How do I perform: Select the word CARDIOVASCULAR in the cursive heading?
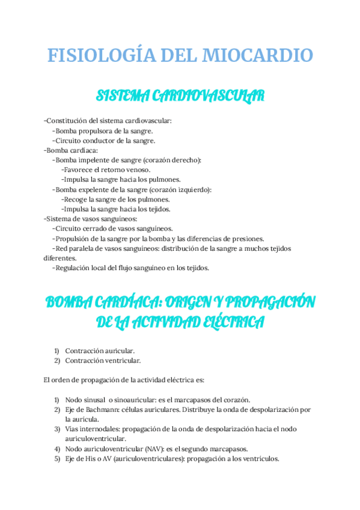click(x=207, y=96)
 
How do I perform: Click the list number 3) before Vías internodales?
click(x=57, y=429)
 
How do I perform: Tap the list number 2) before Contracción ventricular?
click(x=57, y=360)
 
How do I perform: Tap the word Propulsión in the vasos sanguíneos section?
click(x=72, y=238)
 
